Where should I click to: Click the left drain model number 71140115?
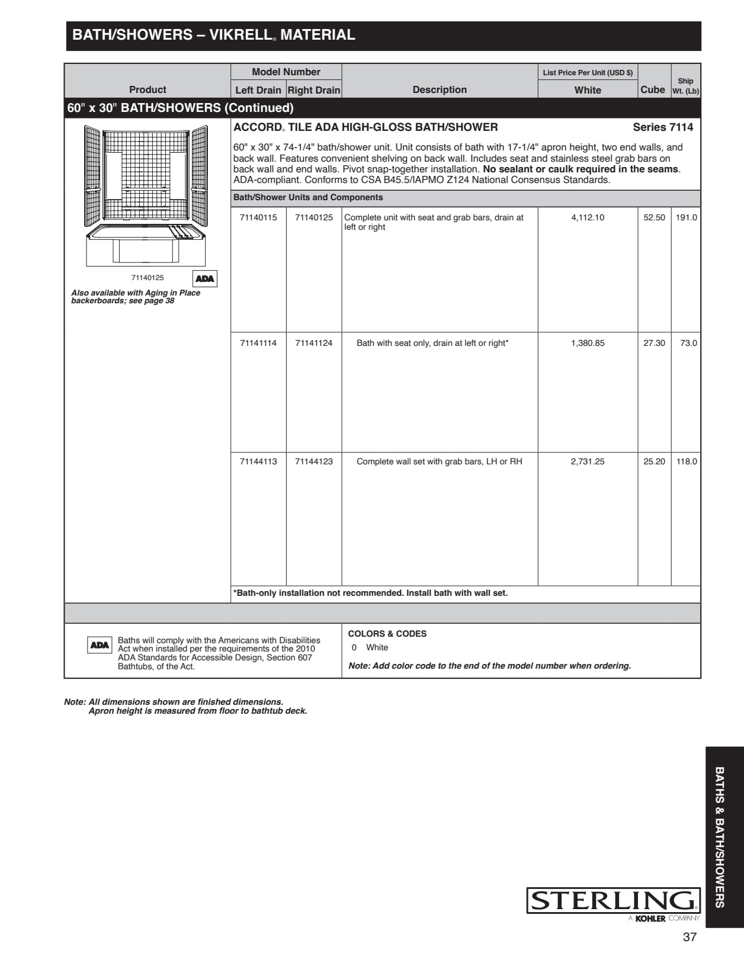pos(258,217)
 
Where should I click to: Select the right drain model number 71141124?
pos(314,343)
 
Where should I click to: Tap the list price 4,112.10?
pos(588,217)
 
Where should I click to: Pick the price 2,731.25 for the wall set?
pos(588,461)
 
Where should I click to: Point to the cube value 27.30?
pos(654,343)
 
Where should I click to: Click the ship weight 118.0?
pos(687,461)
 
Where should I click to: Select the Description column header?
pos(440,89)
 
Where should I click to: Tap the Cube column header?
pos(653,89)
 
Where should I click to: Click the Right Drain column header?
pos(314,90)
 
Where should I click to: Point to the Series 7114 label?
pos(663,127)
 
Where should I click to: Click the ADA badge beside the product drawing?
pos(205,278)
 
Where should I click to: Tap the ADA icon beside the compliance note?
pos(100,645)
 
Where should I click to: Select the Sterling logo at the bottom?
pos(613,901)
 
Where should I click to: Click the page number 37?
pos(690,937)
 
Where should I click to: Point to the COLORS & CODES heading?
pos(387,634)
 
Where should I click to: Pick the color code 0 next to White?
pos(354,647)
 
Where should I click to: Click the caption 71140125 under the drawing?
pos(147,278)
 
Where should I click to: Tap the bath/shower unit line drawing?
pos(146,195)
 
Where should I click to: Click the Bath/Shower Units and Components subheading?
pos(308,197)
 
